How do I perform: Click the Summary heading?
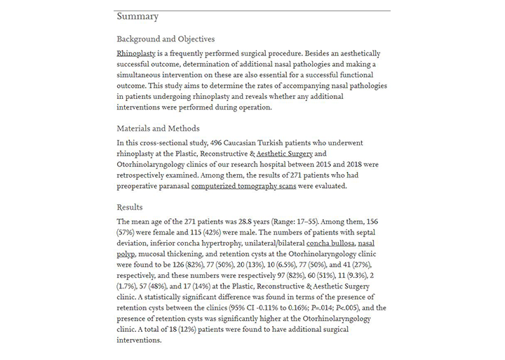pyautogui.click(x=137, y=17)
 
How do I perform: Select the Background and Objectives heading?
pyautogui.click(x=166, y=39)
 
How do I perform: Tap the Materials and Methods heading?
pyautogui.click(x=158, y=128)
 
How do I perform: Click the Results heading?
pyautogui.click(x=130, y=207)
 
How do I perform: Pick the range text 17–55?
pyautogui.click(x=325, y=221)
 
